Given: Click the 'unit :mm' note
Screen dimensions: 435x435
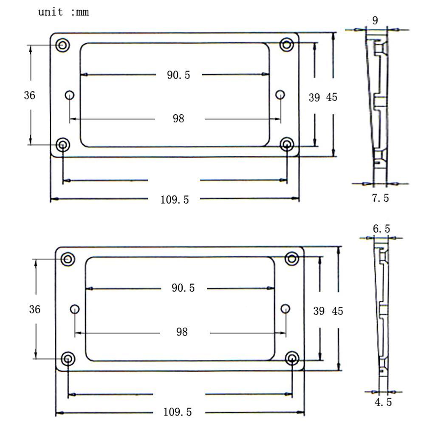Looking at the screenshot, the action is point(64,12).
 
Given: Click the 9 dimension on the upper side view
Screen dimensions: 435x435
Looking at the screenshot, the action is point(375,20).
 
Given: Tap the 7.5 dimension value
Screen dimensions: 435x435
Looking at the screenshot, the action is point(380,198).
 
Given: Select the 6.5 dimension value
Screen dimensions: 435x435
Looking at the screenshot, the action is point(381,229).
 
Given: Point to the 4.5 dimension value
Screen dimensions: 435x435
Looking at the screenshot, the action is point(383,402).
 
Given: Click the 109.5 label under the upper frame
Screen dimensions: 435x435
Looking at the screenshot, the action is point(175,200).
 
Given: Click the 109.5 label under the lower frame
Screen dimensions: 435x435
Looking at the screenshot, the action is point(178,412).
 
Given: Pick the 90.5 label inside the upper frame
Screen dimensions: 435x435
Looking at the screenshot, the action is point(178,75).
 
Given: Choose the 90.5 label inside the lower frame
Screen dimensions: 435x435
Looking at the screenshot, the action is point(183,288).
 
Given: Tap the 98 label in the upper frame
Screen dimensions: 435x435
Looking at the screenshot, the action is point(178,119).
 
